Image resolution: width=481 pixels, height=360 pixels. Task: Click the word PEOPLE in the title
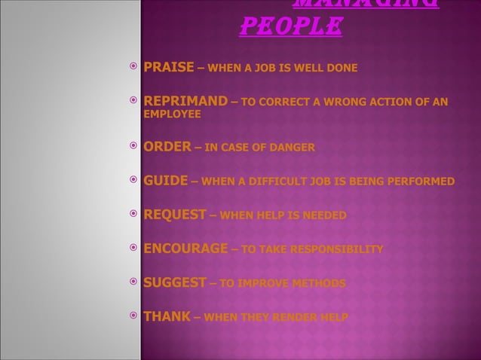290,28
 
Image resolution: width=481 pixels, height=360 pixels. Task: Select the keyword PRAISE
169,69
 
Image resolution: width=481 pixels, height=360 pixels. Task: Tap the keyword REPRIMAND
185,101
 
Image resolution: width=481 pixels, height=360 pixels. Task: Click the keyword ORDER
167,147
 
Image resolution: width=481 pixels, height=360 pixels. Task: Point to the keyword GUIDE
166,181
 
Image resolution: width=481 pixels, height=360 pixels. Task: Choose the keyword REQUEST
175,215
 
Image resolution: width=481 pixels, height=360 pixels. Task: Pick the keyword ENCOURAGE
185,249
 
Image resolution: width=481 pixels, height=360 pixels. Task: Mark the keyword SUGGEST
175,282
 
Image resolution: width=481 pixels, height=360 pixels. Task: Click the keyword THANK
167,316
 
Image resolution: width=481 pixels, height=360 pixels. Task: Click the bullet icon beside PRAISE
133,69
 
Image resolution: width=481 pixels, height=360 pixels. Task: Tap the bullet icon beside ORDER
133,147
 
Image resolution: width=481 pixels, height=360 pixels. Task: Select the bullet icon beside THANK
133,316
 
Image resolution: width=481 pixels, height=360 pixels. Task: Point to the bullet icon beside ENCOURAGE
133,249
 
